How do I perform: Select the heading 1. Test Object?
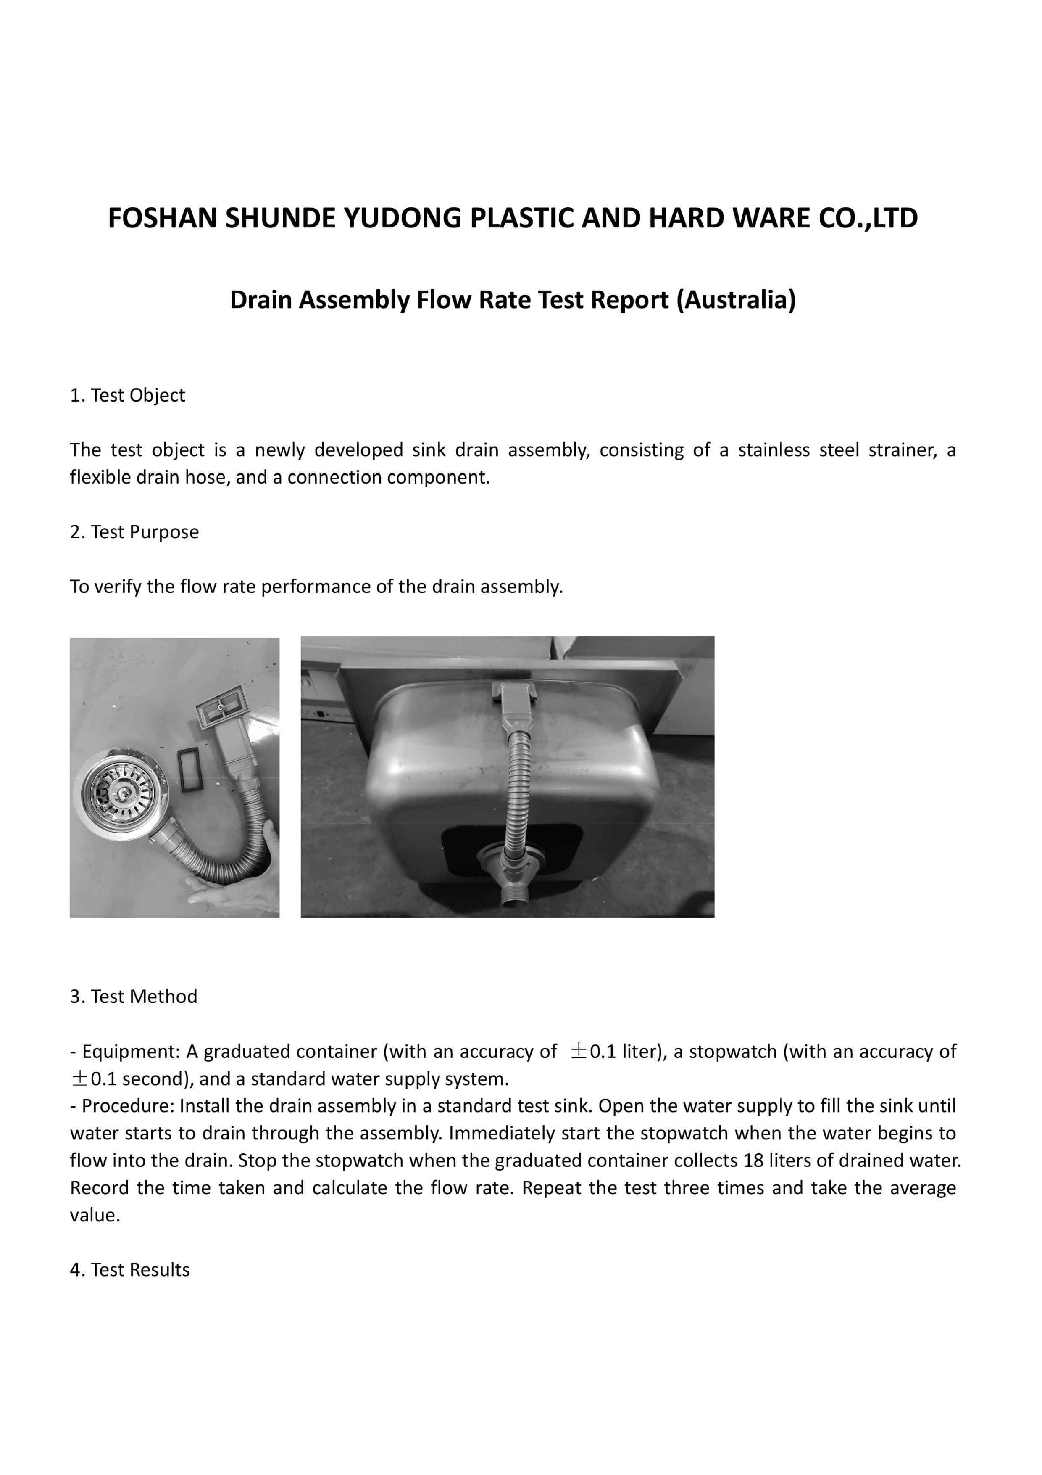[x=127, y=395]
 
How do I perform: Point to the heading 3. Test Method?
[x=134, y=997]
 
